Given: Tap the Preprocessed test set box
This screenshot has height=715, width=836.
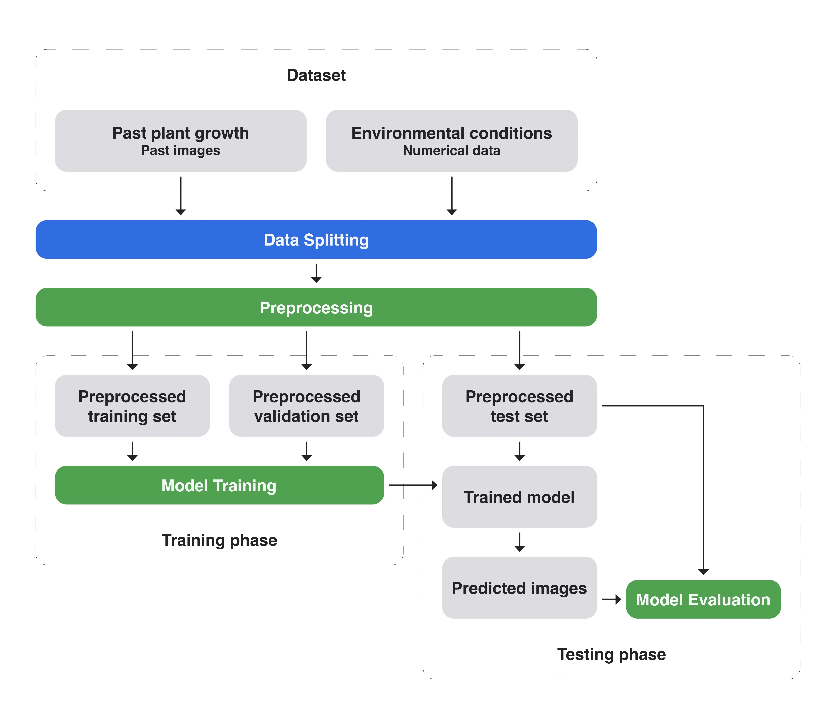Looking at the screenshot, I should coord(519,406).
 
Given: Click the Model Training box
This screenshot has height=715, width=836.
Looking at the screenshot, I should coord(219,485).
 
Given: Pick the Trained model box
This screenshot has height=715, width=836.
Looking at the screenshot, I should coord(519,497).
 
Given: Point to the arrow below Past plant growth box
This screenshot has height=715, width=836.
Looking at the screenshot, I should coord(181,196).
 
